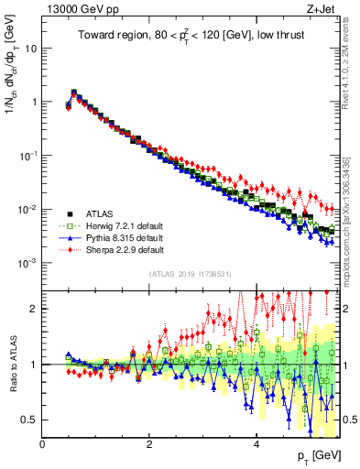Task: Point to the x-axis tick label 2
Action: [x=149, y=443]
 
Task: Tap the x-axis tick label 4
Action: [x=256, y=443]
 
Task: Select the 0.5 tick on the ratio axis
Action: [x=30, y=420]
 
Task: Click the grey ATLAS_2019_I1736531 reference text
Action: [x=190, y=274]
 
